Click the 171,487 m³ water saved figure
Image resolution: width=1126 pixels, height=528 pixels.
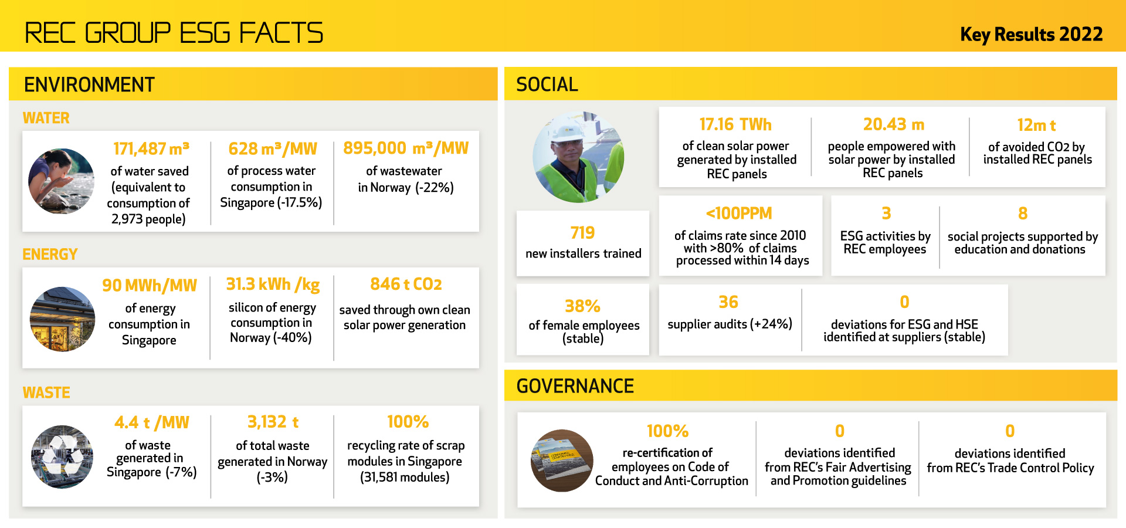pos(151,148)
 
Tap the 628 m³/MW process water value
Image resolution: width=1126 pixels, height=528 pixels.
pos(273,148)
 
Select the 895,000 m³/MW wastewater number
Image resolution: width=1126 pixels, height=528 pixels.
pos(406,148)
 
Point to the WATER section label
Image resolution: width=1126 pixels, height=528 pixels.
pos(46,118)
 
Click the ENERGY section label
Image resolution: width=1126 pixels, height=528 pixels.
pos(50,254)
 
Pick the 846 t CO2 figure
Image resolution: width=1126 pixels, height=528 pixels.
pos(406,284)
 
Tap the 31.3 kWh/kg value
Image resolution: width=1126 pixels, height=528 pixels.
pos(273,284)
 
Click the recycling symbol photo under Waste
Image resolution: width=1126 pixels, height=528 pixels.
pos(62,456)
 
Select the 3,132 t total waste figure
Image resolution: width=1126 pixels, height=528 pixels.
pos(273,422)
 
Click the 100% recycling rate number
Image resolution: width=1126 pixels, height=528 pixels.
pos(408,422)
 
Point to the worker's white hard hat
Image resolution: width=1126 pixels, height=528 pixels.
pos(566,131)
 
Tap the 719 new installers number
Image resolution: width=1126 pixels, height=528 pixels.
pos(582,233)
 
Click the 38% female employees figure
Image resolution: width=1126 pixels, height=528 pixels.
pos(582,306)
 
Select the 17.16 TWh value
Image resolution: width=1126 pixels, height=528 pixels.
pos(735,124)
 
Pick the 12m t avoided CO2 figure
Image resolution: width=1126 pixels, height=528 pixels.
pos(1036,125)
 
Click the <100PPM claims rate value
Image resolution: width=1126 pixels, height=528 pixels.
pos(739,213)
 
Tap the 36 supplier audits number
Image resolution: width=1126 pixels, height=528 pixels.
pos(728,302)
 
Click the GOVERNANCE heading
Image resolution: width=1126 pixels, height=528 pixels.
pos(575,386)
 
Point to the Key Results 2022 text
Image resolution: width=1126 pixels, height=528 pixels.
pos(1031,35)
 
